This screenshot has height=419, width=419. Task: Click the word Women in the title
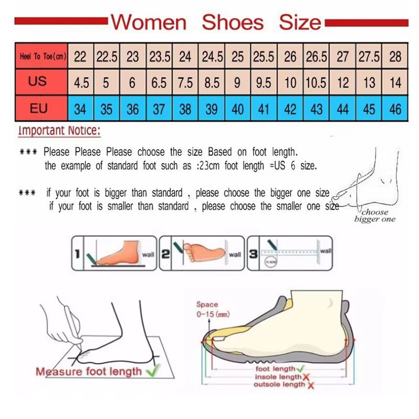pyautogui.click(x=149, y=22)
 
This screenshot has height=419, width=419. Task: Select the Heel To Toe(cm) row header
pyautogui.click(x=42, y=56)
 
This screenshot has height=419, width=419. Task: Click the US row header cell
pyautogui.click(x=38, y=82)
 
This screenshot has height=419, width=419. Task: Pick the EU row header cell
pyautogui.click(x=38, y=108)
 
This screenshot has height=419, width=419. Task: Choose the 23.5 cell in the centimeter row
pyautogui.click(x=159, y=56)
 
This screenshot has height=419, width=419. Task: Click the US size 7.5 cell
pyautogui.click(x=185, y=82)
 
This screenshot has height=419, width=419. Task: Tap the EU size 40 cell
pyautogui.click(x=238, y=109)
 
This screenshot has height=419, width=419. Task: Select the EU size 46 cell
pyautogui.click(x=395, y=109)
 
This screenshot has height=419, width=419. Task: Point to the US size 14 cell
pyautogui.click(x=395, y=82)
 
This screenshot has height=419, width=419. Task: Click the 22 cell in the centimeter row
pyautogui.click(x=80, y=56)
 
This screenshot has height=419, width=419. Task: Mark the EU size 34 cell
pyautogui.click(x=80, y=109)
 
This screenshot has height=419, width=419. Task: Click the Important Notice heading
pyautogui.click(x=59, y=130)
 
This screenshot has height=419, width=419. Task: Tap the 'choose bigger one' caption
pyautogui.click(x=374, y=216)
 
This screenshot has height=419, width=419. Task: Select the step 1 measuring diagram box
pyautogui.click(x=114, y=253)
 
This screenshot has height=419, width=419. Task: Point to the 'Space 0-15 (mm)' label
pyautogui.click(x=207, y=309)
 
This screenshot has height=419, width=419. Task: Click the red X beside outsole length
pyautogui.click(x=311, y=385)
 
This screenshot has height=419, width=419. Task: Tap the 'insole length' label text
pyautogui.click(x=278, y=377)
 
